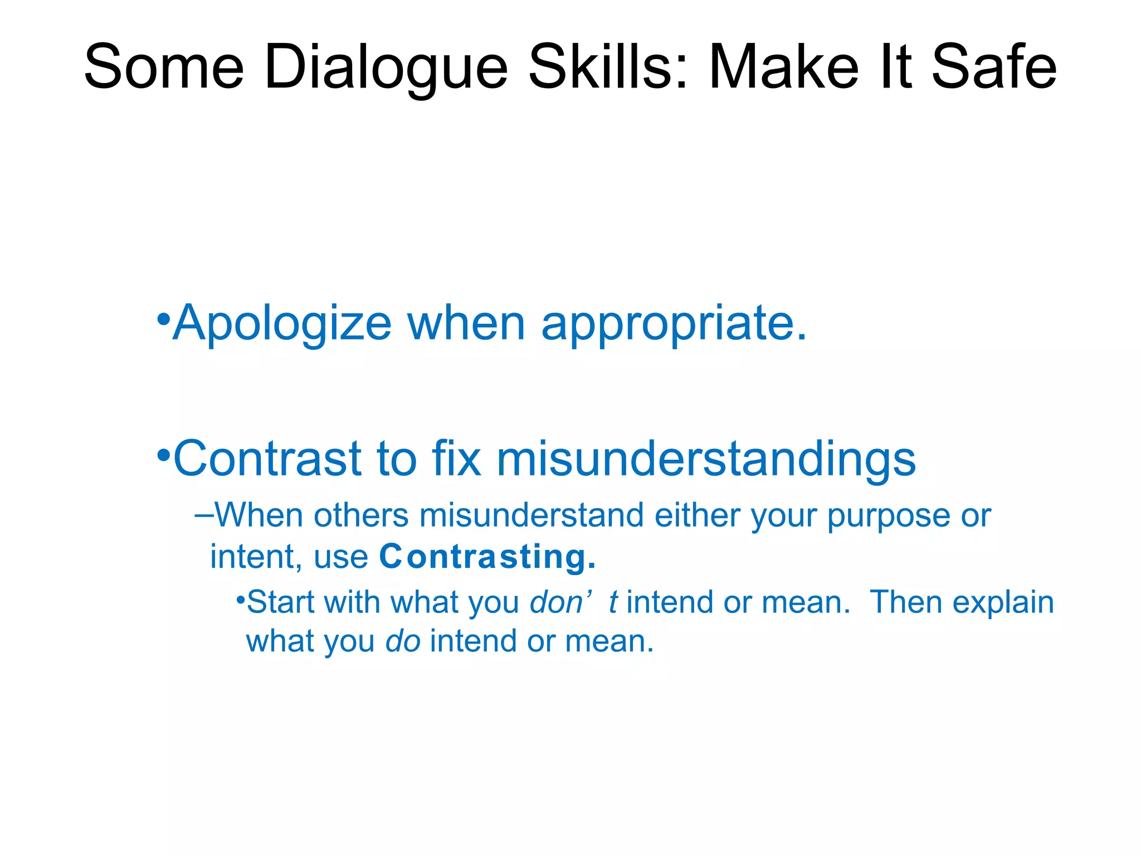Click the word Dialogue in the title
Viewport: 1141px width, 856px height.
[x=386, y=68]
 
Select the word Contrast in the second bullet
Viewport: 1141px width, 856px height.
[x=267, y=459]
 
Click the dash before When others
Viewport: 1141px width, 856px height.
[x=204, y=515]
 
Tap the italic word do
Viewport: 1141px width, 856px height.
[x=403, y=641]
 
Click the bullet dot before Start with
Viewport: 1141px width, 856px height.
[x=240, y=600]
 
